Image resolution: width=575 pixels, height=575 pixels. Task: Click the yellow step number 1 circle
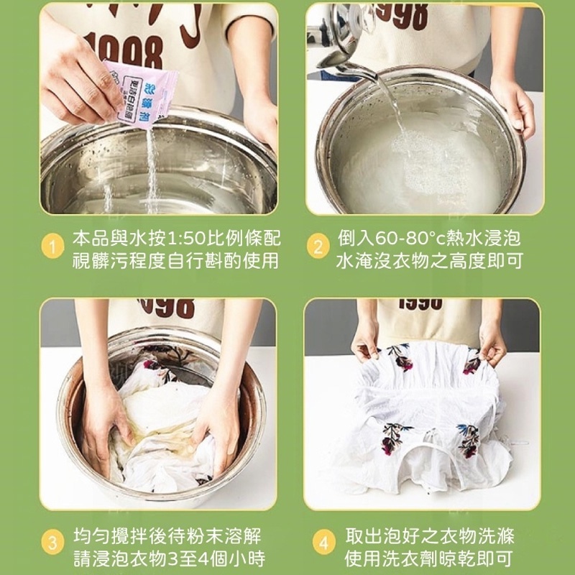click(52, 247)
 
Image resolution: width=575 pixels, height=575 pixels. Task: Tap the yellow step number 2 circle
click(318, 247)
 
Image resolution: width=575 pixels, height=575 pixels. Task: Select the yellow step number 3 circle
click(52, 543)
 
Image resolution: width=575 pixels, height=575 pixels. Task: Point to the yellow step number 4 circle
click(324, 543)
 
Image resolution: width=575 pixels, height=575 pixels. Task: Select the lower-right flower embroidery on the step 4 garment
click(469, 440)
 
